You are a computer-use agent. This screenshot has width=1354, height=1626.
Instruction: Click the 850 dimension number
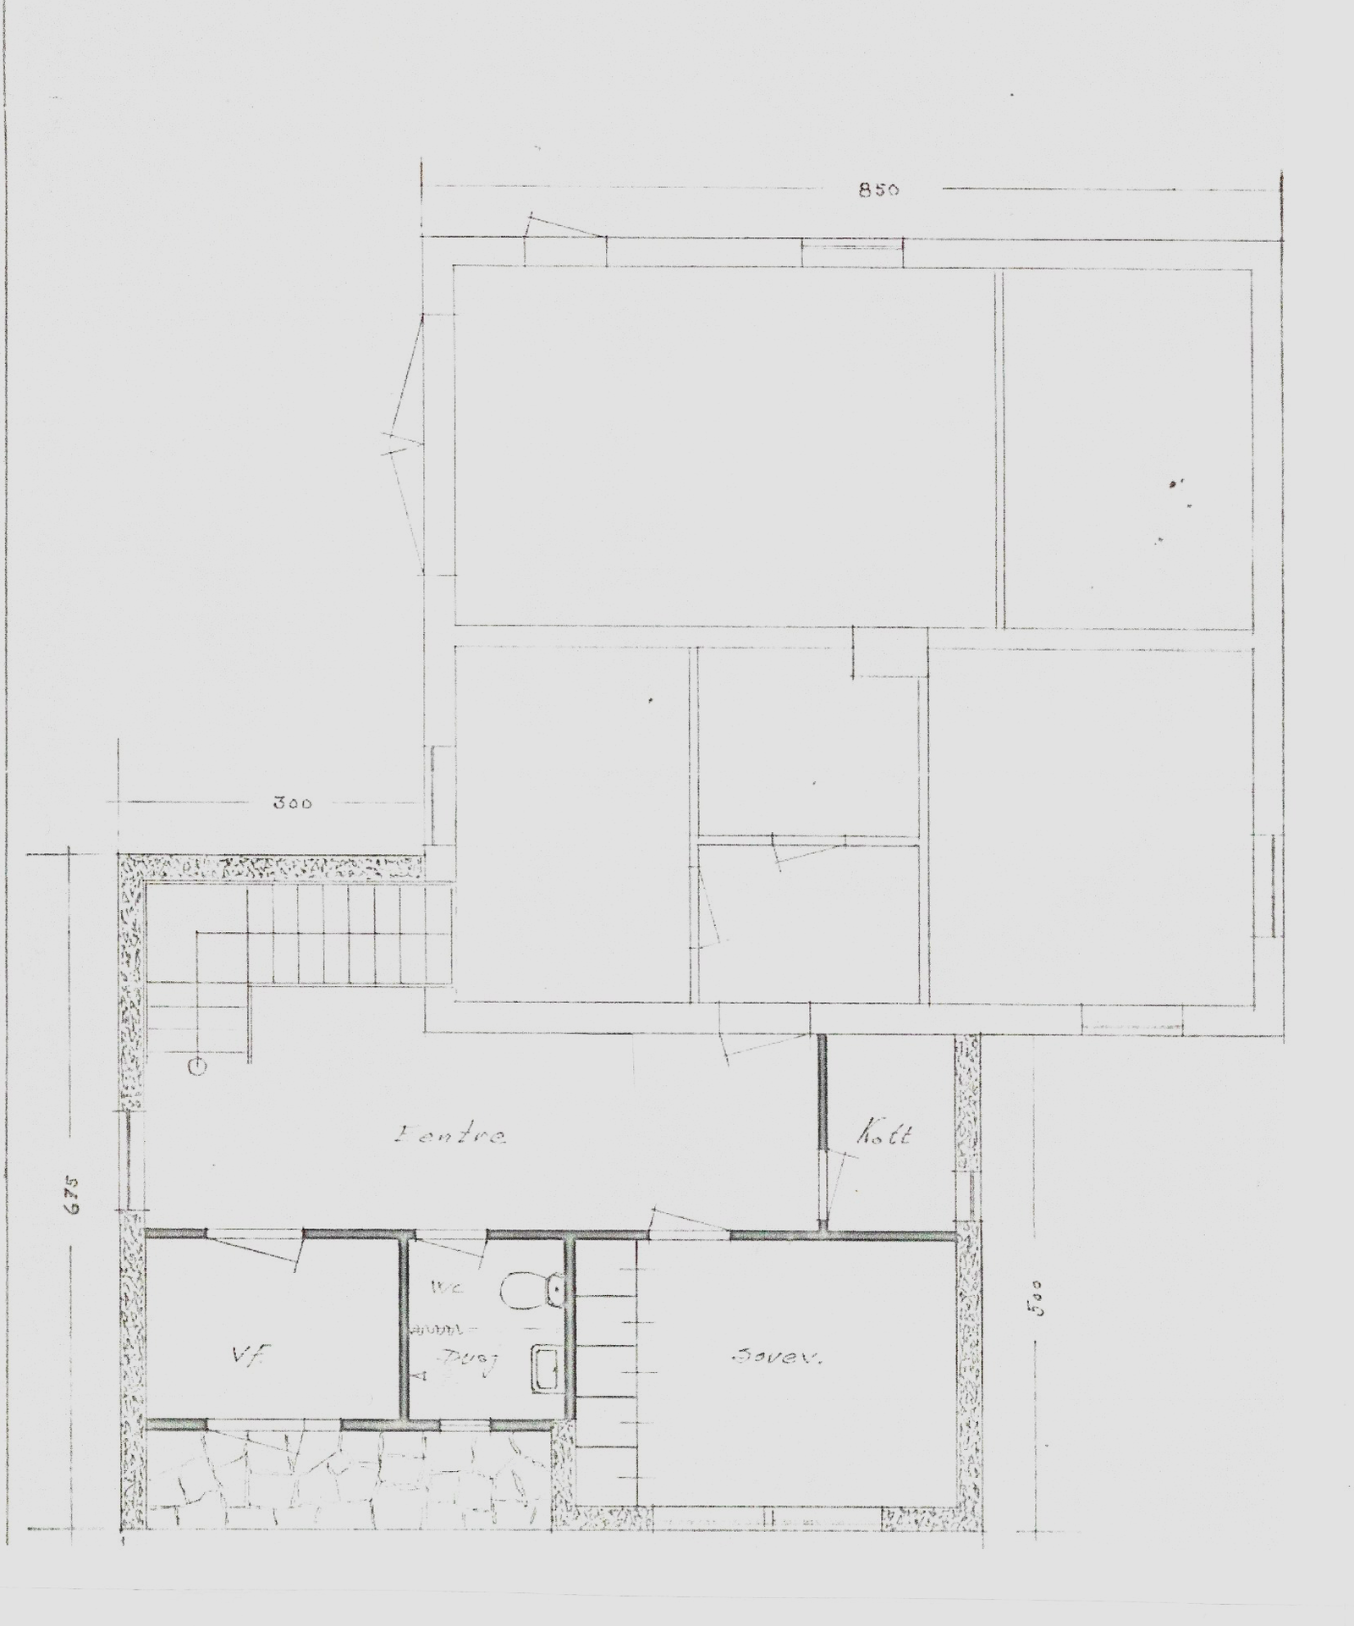click(x=878, y=190)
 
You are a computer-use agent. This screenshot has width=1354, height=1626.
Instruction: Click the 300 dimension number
click(x=292, y=802)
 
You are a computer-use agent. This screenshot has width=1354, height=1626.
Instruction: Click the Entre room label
click(x=450, y=1136)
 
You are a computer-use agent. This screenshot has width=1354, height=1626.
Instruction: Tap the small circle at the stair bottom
click(x=196, y=1067)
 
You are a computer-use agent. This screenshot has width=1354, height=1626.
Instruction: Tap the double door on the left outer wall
click(x=405, y=440)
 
